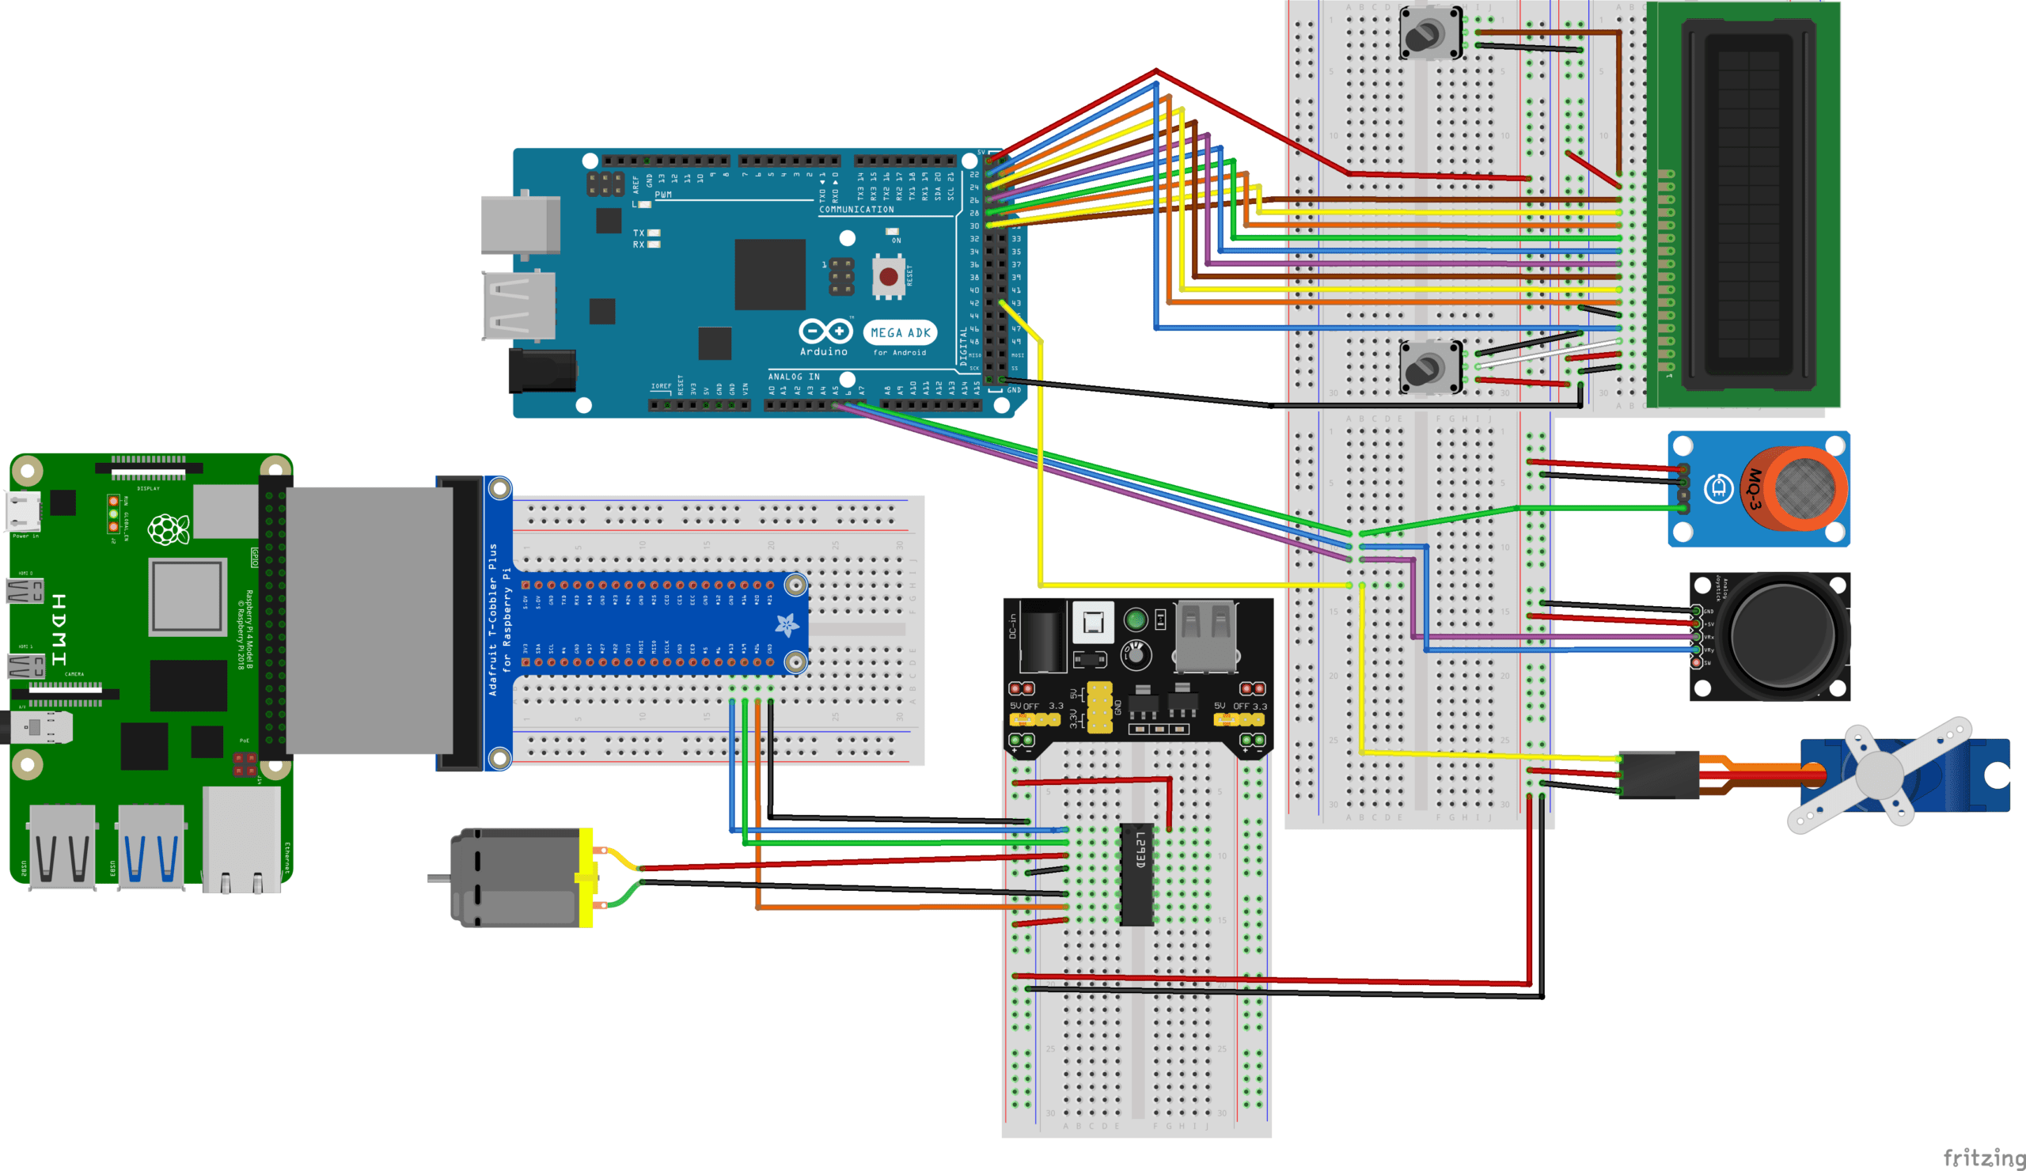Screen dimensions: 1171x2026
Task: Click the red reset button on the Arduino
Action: point(889,276)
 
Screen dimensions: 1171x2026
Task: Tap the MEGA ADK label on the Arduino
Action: point(901,332)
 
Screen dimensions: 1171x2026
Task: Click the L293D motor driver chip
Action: point(1136,874)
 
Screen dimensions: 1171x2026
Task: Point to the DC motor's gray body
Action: point(514,877)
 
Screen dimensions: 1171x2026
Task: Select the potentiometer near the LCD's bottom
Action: point(1429,367)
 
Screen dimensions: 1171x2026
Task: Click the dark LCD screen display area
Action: point(1748,205)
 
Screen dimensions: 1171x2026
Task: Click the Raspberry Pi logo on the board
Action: point(168,529)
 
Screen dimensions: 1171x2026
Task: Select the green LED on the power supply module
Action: point(1135,620)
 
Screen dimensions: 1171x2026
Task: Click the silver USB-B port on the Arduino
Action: point(519,224)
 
